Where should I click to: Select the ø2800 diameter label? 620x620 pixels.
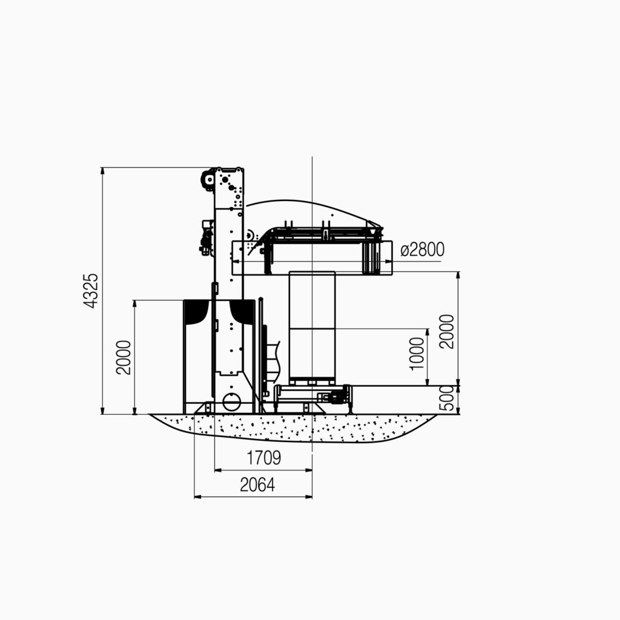coord(422,249)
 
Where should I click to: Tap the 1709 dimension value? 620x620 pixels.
coord(264,458)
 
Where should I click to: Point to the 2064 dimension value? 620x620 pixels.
coord(257,485)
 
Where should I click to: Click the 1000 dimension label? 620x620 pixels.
coord(417,354)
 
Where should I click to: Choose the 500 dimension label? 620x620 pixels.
coord(447,398)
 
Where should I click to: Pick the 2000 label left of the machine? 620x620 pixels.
coord(124,357)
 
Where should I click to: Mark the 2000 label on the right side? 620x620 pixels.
coord(447,331)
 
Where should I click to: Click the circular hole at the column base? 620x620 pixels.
coord(231,402)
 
